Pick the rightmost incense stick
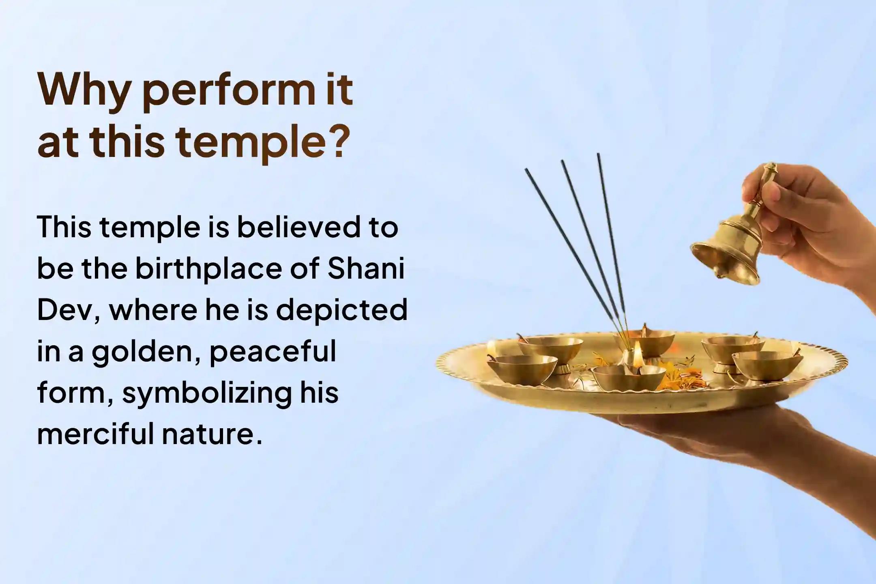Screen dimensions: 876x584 tap(611, 251)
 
